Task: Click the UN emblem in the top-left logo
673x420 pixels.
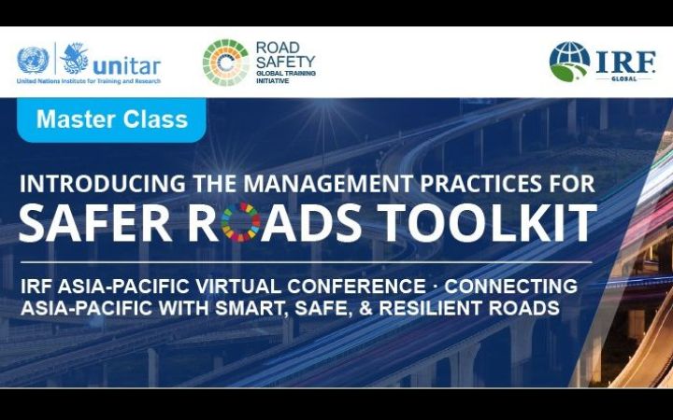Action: click(32, 61)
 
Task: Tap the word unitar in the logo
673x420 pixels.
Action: click(126, 64)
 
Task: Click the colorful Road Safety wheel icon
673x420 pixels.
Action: click(225, 63)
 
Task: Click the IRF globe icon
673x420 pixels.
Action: click(569, 61)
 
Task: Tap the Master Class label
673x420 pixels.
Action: click(112, 119)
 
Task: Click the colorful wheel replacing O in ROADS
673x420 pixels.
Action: click(243, 223)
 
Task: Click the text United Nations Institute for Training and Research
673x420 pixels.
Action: click(88, 81)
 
